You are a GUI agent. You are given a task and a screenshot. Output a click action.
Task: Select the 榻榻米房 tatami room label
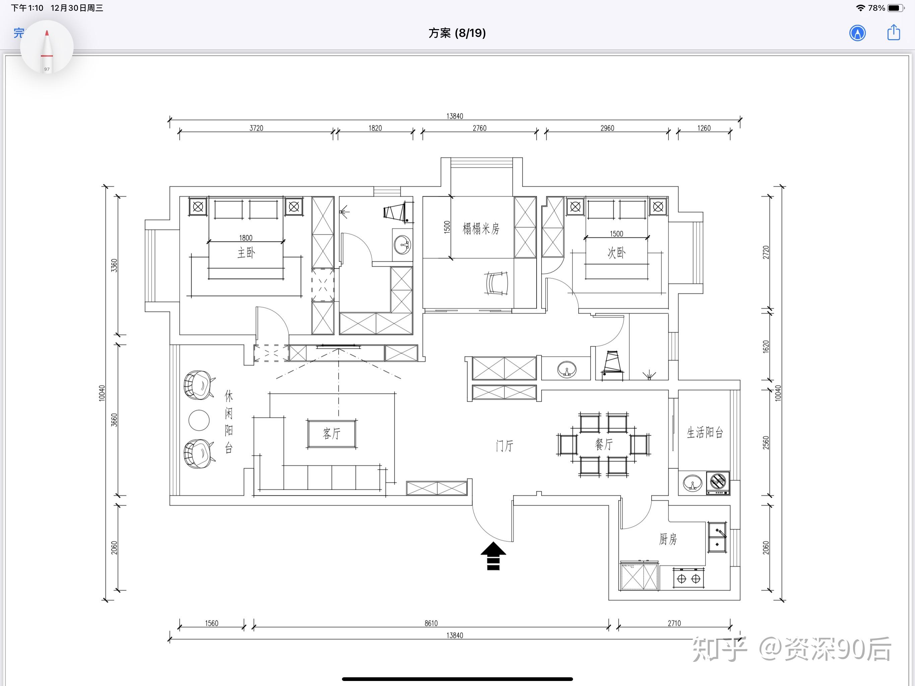pos(481,228)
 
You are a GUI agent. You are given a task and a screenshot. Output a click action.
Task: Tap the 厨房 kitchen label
pos(668,539)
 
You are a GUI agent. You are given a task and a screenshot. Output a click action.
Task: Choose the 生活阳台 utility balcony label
pos(705,432)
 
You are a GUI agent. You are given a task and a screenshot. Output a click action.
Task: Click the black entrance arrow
pos(493,556)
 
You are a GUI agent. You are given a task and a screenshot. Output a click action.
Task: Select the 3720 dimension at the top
pos(257,128)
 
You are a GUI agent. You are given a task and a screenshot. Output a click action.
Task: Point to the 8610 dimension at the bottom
pos(431,623)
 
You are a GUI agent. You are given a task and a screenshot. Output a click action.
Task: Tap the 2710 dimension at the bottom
pos(674,623)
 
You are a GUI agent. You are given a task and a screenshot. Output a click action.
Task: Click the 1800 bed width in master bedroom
pos(246,237)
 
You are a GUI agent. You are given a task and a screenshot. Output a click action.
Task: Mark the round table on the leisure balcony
pos(199,420)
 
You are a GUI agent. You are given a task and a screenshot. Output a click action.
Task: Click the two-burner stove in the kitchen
pos(689,578)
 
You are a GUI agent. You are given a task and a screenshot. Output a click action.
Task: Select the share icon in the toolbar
pos(894,32)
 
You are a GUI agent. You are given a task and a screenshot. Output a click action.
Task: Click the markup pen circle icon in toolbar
pos(857,33)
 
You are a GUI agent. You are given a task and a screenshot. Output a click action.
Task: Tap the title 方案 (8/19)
pos(457,33)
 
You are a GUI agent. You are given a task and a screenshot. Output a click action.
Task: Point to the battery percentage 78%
pos(876,8)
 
